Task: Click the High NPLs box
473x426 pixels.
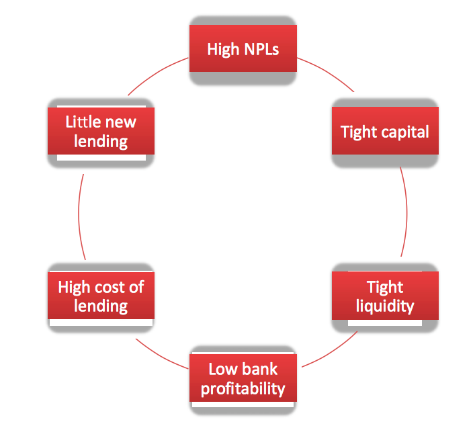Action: (x=243, y=49)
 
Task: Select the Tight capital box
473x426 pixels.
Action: (x=385, y=132)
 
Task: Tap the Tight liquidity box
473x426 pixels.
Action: (x=385, y=296)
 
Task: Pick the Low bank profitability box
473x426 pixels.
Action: (x=243, y=378)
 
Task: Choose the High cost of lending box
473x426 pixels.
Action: (x=101, y=296)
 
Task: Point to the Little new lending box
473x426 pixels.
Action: (x=101, y=132)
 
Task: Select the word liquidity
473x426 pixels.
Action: (x=386, y=306)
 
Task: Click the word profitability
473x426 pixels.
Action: (x=243, y=388)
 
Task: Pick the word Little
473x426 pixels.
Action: (x=82, y=122)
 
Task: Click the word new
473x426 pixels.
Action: (x=120, y=122)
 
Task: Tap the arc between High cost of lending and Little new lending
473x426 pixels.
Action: (x=79, y=214)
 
